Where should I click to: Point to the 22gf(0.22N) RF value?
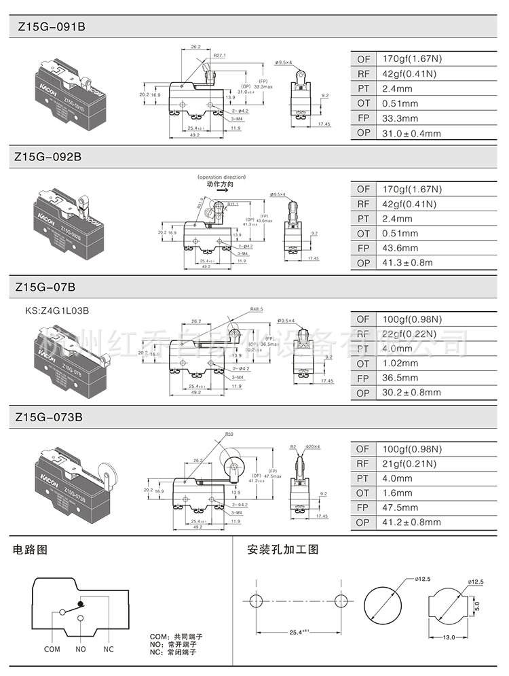tap(411, 334)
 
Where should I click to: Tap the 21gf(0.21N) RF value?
tap(411, 464)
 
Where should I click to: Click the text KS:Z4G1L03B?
tap(57, 310)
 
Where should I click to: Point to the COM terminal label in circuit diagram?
tap(52, 649)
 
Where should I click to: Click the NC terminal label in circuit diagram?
tap(109, 649)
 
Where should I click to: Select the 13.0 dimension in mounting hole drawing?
tap(449, 637)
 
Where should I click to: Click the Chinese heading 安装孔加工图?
tap(282, 550)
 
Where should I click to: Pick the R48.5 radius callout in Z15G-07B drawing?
tap(256, 309)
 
